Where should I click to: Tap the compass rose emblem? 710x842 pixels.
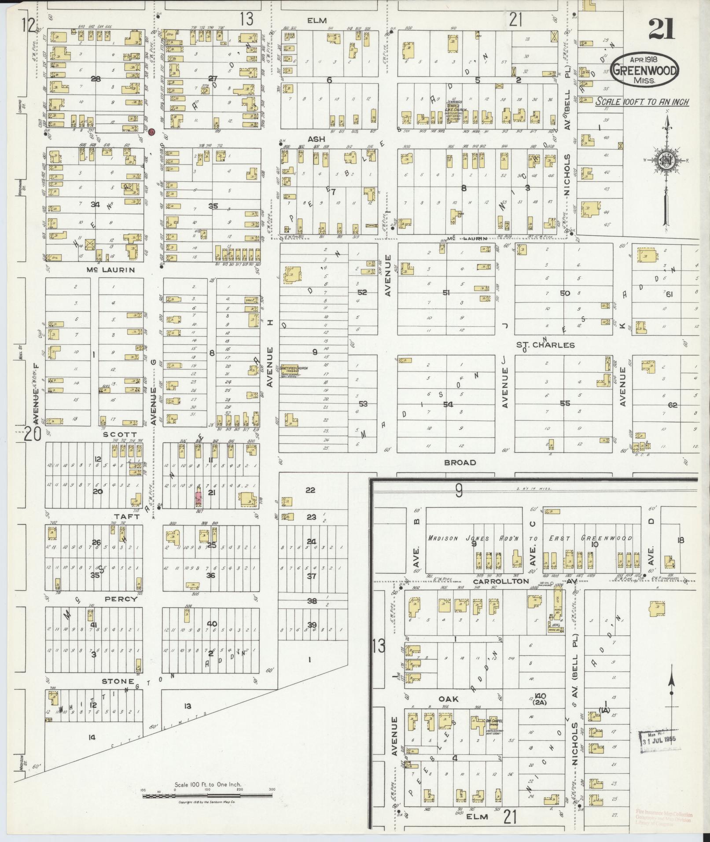tap(667, 160)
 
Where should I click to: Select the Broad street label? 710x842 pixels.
tap(460, 462)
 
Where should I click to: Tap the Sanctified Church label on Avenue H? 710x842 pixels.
tap(295, 369)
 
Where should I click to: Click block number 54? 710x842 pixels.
tap(448, 404)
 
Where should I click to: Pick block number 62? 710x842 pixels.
tap(672, 404)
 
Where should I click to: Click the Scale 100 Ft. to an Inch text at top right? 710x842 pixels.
tap(642, 102)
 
